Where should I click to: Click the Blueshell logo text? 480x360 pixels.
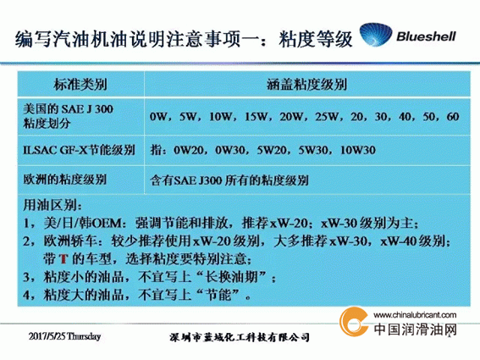click(x=426, y=36)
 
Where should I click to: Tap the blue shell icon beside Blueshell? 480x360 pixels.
click(x=376, y=35)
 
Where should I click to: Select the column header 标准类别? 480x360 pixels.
click(x=80, y=84)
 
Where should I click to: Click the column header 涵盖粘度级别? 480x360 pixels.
click(x=307, y=84)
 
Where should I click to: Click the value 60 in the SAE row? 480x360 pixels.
click(x=453, y=116)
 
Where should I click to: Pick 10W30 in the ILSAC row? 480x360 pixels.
click(x=358, y=150)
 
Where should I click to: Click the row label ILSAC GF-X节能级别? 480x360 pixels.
click(x=79, y=150)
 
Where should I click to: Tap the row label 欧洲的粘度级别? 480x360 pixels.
click(x=64, y=180)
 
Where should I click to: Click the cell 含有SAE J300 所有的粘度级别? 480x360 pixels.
click(x=229, y=180)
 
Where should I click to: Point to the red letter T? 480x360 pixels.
click(x=63, y=259)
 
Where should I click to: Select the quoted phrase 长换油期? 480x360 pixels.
click(x=231, y=277)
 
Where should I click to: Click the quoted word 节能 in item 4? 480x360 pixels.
click(x=218, y=295)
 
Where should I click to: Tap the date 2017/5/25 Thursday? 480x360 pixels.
click(x=64, y=336)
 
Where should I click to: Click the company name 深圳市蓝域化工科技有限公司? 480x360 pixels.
click(x=240, y=337)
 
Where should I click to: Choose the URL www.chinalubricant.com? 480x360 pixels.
click(x=415, y=314)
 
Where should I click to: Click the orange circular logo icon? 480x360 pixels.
click(x=354, y=322)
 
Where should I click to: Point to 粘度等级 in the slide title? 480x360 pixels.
click(x=316, y=39)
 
